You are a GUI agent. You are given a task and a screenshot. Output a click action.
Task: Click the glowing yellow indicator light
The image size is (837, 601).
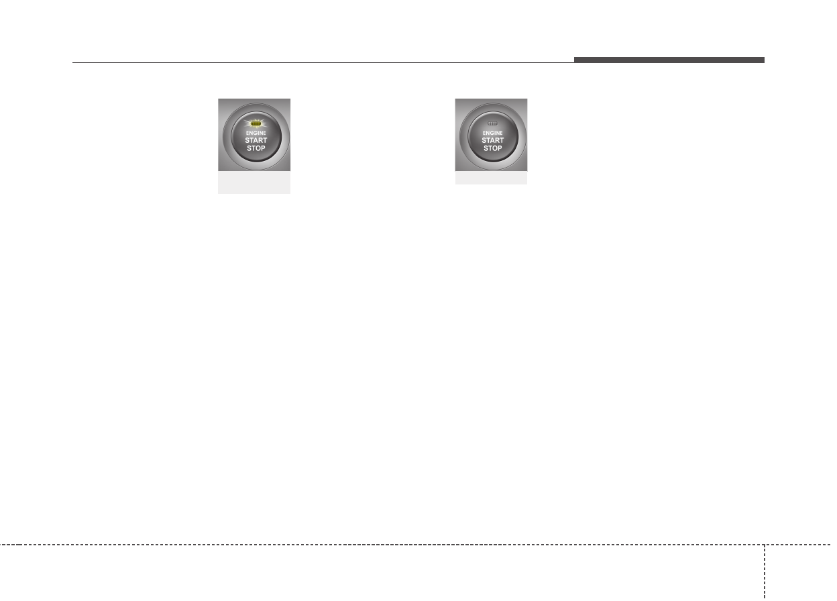[256, 124]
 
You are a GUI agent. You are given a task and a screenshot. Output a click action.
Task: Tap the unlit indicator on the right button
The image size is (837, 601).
[493, 124]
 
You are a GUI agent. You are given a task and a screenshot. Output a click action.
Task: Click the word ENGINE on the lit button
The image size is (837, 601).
[256, 133]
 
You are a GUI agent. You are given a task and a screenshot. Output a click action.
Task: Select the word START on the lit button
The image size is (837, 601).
[256, 140]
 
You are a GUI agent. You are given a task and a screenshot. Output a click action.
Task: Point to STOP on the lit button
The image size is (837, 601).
[256, 148]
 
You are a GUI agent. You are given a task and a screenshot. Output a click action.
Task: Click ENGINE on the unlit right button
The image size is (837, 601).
[493, 133]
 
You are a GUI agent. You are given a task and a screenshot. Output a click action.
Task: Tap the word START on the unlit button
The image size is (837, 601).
[493, 140]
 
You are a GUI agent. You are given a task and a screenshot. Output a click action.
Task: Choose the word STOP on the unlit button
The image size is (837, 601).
[493, 148]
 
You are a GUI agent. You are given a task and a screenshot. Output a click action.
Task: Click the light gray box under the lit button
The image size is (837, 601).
[254, 184]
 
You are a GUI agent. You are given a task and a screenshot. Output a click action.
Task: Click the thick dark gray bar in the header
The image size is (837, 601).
[669, 60]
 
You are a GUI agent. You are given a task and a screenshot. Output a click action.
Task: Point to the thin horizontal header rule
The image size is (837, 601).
[322, 63]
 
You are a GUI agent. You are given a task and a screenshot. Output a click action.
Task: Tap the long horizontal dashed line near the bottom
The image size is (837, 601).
[382, 544]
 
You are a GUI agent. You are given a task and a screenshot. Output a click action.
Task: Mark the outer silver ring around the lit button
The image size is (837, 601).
[226, 138]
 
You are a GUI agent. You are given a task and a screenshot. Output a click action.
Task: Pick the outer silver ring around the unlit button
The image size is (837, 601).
[463, 138]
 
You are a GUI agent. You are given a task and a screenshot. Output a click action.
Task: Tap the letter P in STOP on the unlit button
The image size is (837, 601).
[500, 148]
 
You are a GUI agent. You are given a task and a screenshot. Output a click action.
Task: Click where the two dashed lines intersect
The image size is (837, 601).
[764, 544]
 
